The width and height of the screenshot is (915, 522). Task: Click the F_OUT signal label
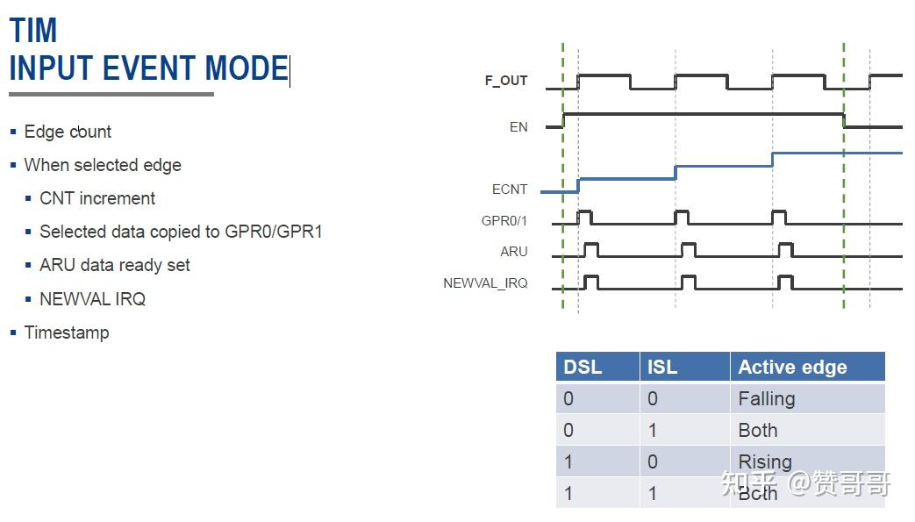[x=506, y=81]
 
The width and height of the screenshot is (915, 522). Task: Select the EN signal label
[x=518, y=127]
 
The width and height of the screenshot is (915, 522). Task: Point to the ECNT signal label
[x=510, y=189]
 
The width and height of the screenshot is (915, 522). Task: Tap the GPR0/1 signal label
[x=504, y=221]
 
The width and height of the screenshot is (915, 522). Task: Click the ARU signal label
[x=513, y=252]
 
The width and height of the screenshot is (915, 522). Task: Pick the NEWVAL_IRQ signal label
[x=485, y=283]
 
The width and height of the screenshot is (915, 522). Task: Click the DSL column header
[x=583, y=367]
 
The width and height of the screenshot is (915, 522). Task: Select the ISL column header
[x=662, y=367]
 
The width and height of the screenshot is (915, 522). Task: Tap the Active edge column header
[x=792, y=367]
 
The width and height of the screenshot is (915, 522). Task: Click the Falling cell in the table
[x=766, y=399]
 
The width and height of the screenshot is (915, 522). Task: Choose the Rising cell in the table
[x=765, y=461]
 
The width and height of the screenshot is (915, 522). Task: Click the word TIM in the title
[x=33, y=31]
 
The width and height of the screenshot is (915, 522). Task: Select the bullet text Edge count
[x=68, y=132]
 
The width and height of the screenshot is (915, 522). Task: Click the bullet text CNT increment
[x=97, y=198]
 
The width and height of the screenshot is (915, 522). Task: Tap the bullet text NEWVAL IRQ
[x=92, y=299]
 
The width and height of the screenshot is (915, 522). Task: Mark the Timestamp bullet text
[x=67, y=333]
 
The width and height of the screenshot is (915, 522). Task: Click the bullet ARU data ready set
[x=114, y=265]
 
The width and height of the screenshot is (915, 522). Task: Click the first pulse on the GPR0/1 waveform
[x=584, y=217]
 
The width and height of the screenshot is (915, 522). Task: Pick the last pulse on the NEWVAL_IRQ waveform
[x=786, y=282]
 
